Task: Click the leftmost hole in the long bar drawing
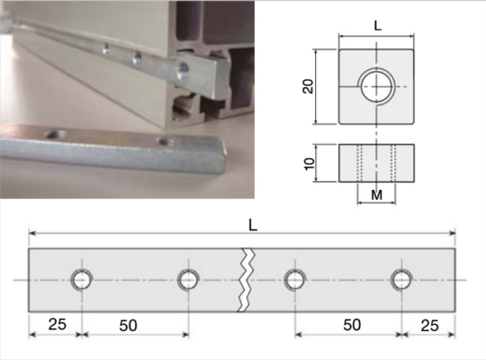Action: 81,280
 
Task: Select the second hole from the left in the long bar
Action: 187,280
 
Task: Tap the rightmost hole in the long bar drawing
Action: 400,280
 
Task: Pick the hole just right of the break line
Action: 293,280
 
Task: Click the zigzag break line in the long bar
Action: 245,280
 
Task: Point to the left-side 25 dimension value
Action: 55,325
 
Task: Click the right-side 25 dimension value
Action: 429,325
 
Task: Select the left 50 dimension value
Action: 129,325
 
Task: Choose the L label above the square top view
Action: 376,26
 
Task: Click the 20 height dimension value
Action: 309,86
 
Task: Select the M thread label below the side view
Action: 376,193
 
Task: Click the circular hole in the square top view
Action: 375,87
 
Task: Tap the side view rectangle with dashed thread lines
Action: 376,161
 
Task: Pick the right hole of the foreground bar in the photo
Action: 165,142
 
